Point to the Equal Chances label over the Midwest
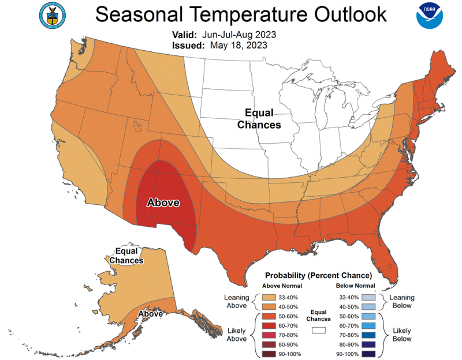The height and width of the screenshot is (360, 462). tap(263, 118)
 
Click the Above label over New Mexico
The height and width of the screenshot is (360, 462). tap(163, 202)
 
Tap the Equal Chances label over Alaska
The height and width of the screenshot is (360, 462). tap(129, 256)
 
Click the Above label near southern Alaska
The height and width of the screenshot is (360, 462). tap(150, 314)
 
